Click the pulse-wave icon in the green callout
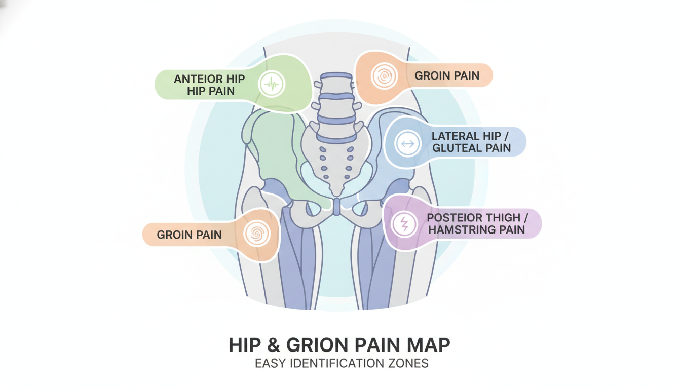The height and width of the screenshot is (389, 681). pyautogui.click(x=272, y=84)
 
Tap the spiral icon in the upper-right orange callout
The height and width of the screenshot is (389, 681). pyautogui.click(x=384, y=76)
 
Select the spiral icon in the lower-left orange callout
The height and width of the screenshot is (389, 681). pyautogui.click(x=257, y=234)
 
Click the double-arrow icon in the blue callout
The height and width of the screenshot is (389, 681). pyautogui.click(x=408, y=143)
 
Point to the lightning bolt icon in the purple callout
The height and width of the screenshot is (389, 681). pyautogui.click(x=404, y=224)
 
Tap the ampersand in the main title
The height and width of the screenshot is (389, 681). pyautogui.click(x=273, y=345)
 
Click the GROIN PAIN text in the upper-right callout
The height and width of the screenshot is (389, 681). pyautogui.click(x=447, y=75)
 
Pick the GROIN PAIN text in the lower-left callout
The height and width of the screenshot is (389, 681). pyautogui.click(x=189, y=235)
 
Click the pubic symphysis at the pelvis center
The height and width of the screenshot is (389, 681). pyautogui.click(x=336, y=207)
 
